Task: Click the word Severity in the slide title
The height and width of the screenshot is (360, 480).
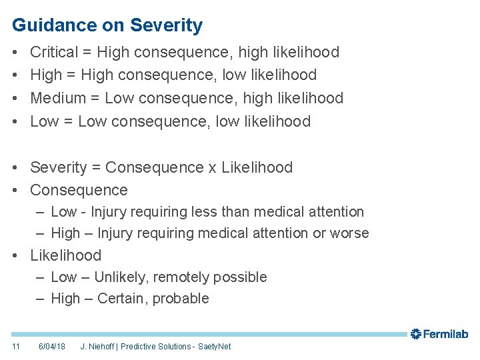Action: click(166, 26)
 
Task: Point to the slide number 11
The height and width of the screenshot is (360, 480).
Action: click(16, 347)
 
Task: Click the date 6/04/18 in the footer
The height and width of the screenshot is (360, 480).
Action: click(52, 347)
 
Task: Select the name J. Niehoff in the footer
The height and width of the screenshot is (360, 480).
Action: click(97, 347)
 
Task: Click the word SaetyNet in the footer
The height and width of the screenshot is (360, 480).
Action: click(215, 347)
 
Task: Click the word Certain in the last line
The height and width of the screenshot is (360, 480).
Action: click(122, 299)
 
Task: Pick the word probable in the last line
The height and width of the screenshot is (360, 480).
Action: click(181, 299)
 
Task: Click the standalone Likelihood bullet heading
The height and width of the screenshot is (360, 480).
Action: click(66, 255)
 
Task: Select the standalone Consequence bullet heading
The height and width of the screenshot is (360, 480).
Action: click(79, 190)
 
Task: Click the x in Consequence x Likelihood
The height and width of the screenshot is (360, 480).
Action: click(212, 167)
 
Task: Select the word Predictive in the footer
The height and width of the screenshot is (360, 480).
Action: click(139, 347)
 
